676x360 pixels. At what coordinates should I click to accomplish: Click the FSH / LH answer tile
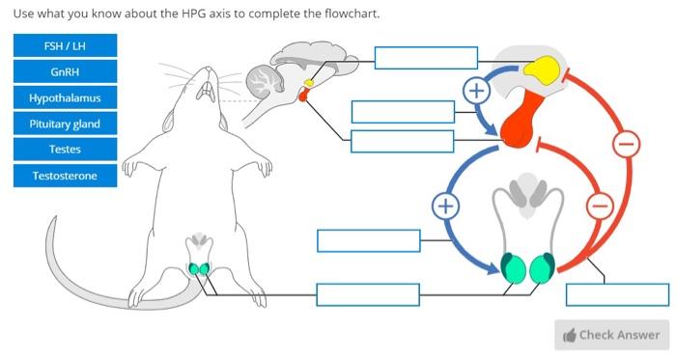click(x=65, y=46)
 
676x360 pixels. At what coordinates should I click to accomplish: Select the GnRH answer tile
click(x=65, y=72)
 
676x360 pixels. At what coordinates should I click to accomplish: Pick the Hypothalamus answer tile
click(x=65, y=98)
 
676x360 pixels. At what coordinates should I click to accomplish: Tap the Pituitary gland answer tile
click(x=65, y=125)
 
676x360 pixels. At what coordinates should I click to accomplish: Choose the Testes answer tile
click(x=65, y=150)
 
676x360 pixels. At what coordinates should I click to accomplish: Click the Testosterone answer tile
click(x=65, y=176)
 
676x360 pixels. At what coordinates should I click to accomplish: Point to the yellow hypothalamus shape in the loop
click(x=542, y=69)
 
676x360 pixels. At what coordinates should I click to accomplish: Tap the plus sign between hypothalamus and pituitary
click(x=475, y=92)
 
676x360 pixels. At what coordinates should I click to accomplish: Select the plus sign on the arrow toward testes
click(x=444, y=206)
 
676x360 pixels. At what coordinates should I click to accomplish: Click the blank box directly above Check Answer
click(x=617, y=294)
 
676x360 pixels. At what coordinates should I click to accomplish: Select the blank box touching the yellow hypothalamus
click(x=426, y=58)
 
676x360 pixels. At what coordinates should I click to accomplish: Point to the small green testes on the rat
click(x=200, y=268)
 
